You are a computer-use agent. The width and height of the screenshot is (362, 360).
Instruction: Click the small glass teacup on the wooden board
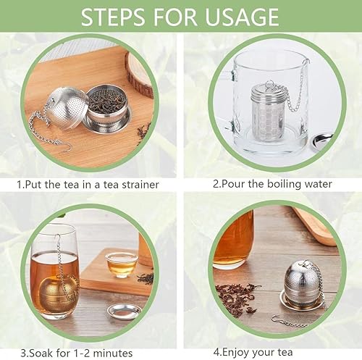121,264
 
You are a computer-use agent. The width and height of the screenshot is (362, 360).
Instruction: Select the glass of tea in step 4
233,240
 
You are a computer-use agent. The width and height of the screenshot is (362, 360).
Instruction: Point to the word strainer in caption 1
136,184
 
